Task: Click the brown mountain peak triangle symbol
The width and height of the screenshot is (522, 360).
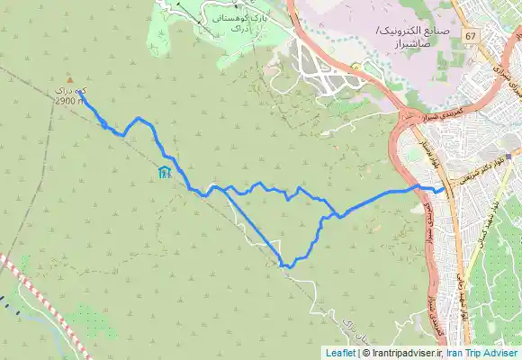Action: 70,79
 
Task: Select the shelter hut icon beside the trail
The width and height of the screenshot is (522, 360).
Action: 163,173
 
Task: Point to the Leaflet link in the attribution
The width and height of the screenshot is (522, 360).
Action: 340,353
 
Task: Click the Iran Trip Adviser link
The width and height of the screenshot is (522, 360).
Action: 483,353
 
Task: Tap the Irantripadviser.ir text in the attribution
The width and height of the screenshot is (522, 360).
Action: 405,353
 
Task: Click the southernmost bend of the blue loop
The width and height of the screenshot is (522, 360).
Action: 286,266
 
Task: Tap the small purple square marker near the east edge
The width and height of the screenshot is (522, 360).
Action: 508,157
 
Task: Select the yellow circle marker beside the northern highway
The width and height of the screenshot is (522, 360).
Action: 356,66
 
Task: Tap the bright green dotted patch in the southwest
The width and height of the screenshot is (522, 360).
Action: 90,319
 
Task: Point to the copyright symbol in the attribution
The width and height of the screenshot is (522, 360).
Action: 364,353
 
